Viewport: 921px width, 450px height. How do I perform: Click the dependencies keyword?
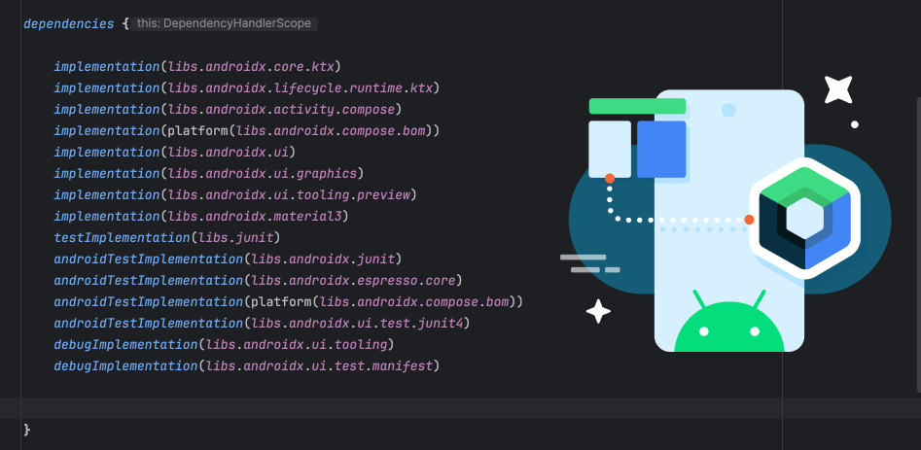[x=69, y=24]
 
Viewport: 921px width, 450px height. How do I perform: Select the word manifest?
[x=403, y=366]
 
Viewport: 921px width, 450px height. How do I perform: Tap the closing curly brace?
[x=27, y=430]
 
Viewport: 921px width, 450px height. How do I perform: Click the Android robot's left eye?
[x=704, y=331]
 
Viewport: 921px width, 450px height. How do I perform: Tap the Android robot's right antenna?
[x=759, y=299]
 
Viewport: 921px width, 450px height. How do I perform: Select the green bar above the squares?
[x=637, y=106]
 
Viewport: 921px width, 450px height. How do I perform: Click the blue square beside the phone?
[x=661, y=149]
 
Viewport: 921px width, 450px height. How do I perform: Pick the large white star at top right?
[x=837, y=89]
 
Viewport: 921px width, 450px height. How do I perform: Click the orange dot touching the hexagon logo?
[x=749, y=220]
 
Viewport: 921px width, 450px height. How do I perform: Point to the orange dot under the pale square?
[x=610, y=178]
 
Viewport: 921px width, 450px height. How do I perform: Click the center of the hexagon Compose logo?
[x=804, y=219]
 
